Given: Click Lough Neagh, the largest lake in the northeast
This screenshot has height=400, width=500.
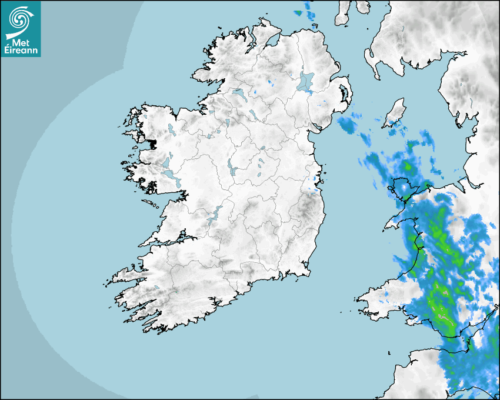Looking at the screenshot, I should pyautogui.click(x=306, y=81).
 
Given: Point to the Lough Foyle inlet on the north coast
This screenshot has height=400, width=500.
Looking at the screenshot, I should pyautogui.click(x=272, y=41).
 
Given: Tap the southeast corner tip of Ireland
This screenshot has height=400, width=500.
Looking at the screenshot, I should pyautogui.click(x=307, y=272).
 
